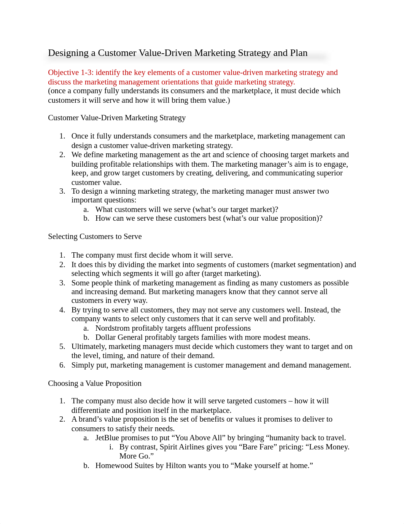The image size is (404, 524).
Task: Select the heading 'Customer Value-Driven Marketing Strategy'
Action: (x=117, y=118)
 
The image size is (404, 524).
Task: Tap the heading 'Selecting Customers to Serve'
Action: (x=95, y=236)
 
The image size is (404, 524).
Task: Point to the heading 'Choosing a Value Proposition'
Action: (x=95, y=383)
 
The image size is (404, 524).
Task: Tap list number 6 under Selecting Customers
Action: (x=62, y=365)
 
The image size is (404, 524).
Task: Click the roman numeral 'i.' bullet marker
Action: (x=111, y=447)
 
